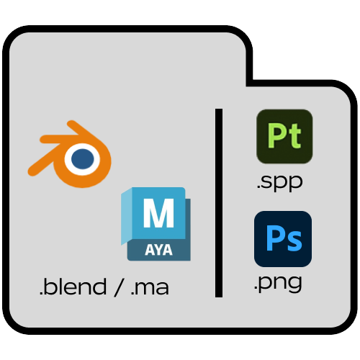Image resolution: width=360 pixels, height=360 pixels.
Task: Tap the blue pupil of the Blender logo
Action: (x=83, y=158)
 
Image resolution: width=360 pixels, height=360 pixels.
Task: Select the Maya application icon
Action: (x=156, y=224)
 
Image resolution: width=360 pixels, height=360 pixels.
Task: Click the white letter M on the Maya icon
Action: (x=158, y=212)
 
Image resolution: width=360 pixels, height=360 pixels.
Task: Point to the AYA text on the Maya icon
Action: (x=158, y=250)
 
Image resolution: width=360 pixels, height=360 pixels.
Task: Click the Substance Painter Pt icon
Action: (x=284, y=136)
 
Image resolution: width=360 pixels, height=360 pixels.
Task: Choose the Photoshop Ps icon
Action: (x=283, y=239)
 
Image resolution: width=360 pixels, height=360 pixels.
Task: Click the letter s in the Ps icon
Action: (x=294, y=242)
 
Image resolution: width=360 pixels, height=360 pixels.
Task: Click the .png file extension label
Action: (x=278, y=282)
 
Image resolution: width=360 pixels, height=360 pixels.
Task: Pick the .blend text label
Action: (x=73, y=286)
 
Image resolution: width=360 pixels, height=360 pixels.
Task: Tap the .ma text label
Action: (x=150, y=288)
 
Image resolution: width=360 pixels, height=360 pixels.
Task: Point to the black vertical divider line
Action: (x=219, y=203)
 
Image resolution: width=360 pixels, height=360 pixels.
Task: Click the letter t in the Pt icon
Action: (x=294, y=136)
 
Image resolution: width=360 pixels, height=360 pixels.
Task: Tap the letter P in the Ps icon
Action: (x=275, y=238)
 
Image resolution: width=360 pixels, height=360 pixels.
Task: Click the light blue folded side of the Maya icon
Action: (x=127, y=216)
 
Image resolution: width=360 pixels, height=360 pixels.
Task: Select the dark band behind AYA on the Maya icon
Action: (x=158, y=250)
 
